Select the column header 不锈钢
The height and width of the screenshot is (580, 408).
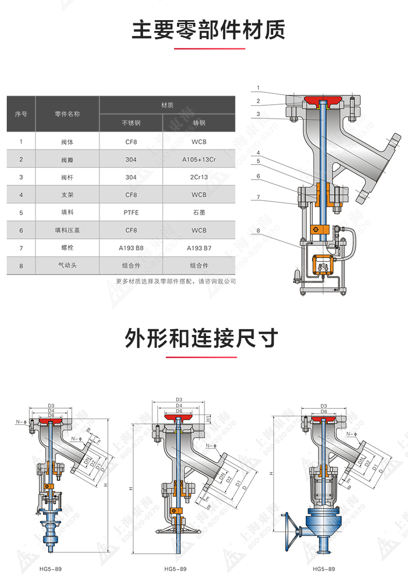(131, 123)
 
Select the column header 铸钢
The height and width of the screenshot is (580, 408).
(199, 123)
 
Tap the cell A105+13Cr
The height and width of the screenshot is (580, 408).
(199, 159)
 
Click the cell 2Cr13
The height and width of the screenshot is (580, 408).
(199, 177)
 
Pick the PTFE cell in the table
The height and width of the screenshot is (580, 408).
(131, 212)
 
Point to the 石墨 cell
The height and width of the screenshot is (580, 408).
(199, 212)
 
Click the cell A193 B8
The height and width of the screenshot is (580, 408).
(131, 248)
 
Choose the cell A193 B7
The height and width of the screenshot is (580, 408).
(199, 248)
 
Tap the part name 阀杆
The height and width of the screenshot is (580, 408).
(67, 177)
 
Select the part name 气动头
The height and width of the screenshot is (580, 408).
(67, 265)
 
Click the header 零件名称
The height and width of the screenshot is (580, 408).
(67, 114)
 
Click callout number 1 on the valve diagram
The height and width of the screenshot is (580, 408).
(258, 87)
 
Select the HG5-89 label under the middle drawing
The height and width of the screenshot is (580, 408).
(175, 569)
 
